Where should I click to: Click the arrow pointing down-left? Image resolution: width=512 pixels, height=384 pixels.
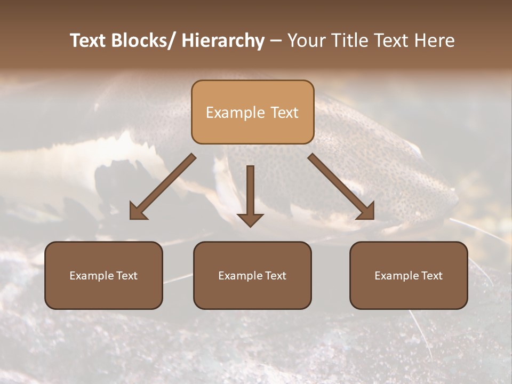pos(163,187)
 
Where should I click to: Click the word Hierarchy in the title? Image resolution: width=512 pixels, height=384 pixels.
pos(223,41)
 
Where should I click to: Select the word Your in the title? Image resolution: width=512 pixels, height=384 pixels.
pos(306,41)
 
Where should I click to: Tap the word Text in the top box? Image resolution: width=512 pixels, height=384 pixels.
pos(284,113)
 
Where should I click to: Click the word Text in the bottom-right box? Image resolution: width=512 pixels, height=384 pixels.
pos(431,276)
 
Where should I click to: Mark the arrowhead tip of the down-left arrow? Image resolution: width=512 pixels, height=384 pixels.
pos(132,218)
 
